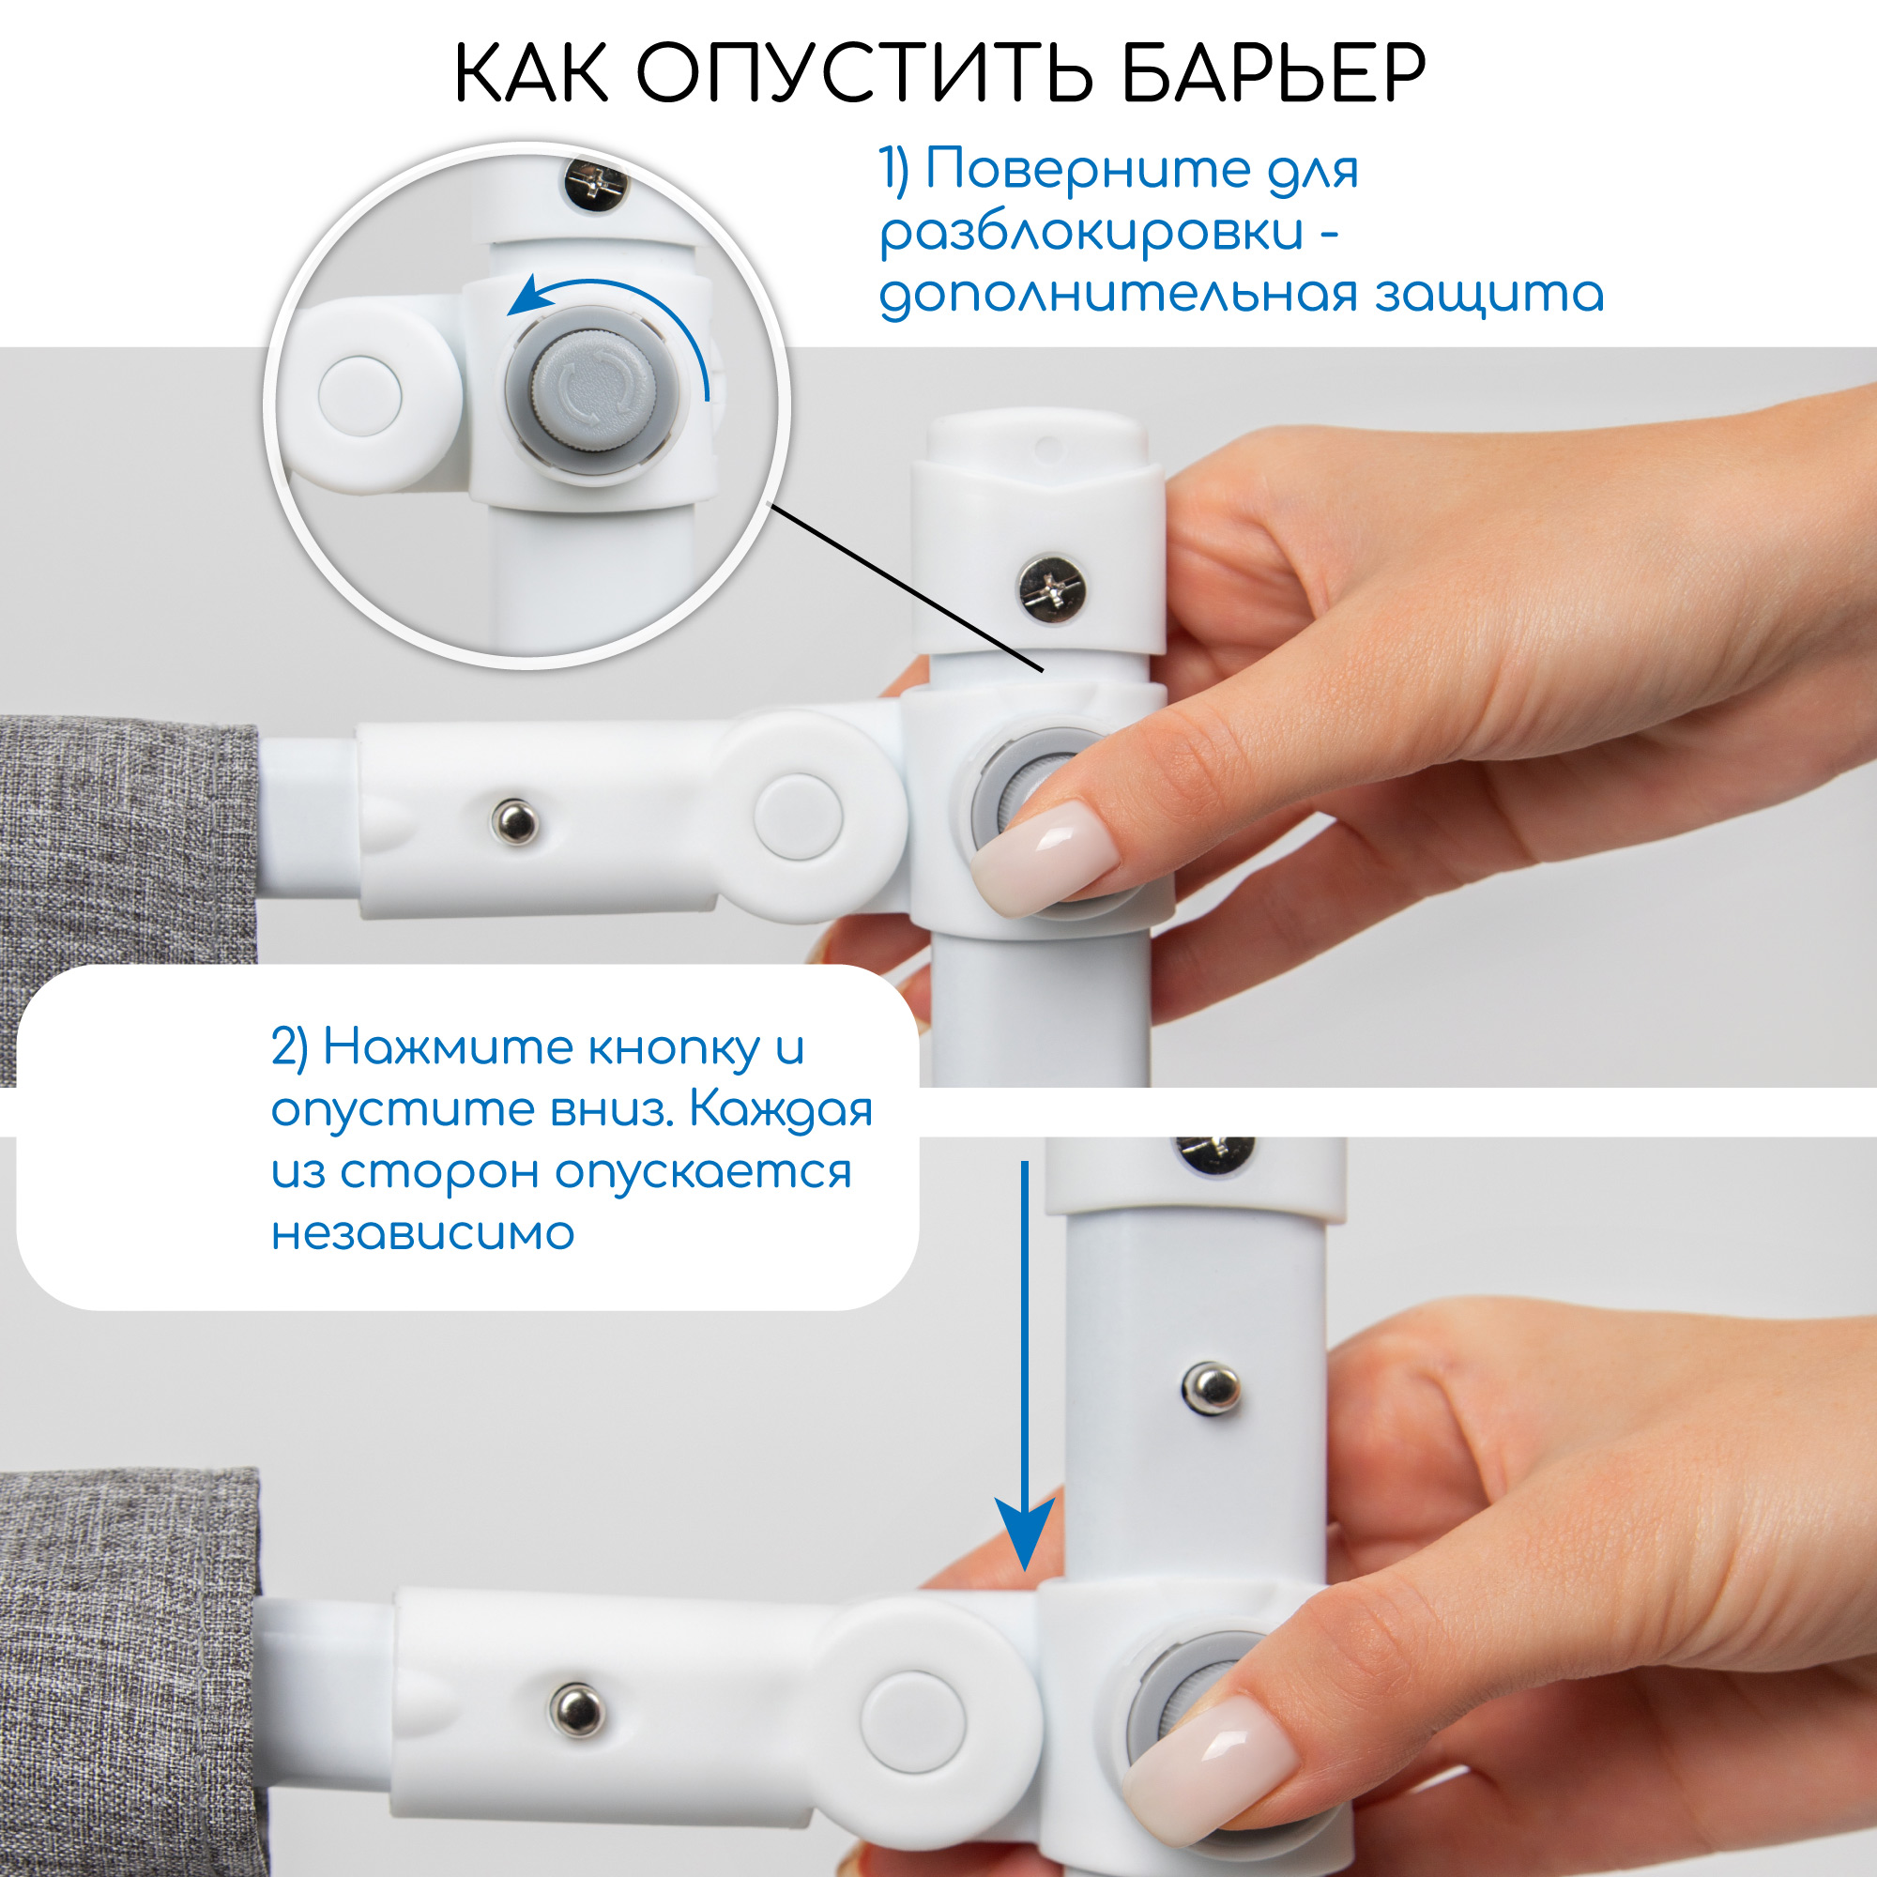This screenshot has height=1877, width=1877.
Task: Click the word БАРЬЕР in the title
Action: tap(1273, 73)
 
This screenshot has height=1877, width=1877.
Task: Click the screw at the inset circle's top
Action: tap(597, 183)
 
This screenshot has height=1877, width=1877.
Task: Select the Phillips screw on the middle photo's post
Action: tap(1051, 587)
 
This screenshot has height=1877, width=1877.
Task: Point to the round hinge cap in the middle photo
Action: tap(798, 818)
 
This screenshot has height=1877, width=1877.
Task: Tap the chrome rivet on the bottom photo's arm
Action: tap(576, 1708)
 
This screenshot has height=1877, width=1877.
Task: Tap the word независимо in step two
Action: tap(422, 1234)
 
